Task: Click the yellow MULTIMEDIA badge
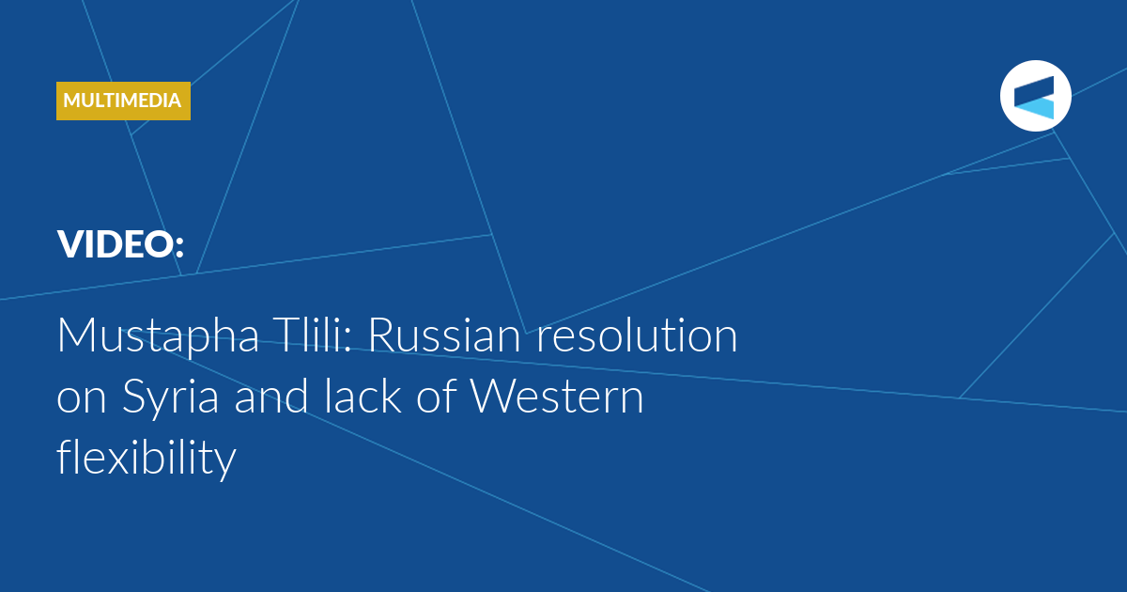[x=123, y=101]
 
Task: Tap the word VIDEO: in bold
[x=121, y=244]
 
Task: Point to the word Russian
[x=444, y=335]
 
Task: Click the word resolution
[x=637, y=335]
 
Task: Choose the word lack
[x=363, y=396]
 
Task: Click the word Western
[x=556, y=397]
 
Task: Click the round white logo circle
[x=1035, y=96]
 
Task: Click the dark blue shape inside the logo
[x=1034, y=90]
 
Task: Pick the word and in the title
[x=271, y=396]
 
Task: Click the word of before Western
[x=436, y=396]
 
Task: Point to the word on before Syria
[x=82, y=399]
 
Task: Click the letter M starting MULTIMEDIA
[x=72, y=101]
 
